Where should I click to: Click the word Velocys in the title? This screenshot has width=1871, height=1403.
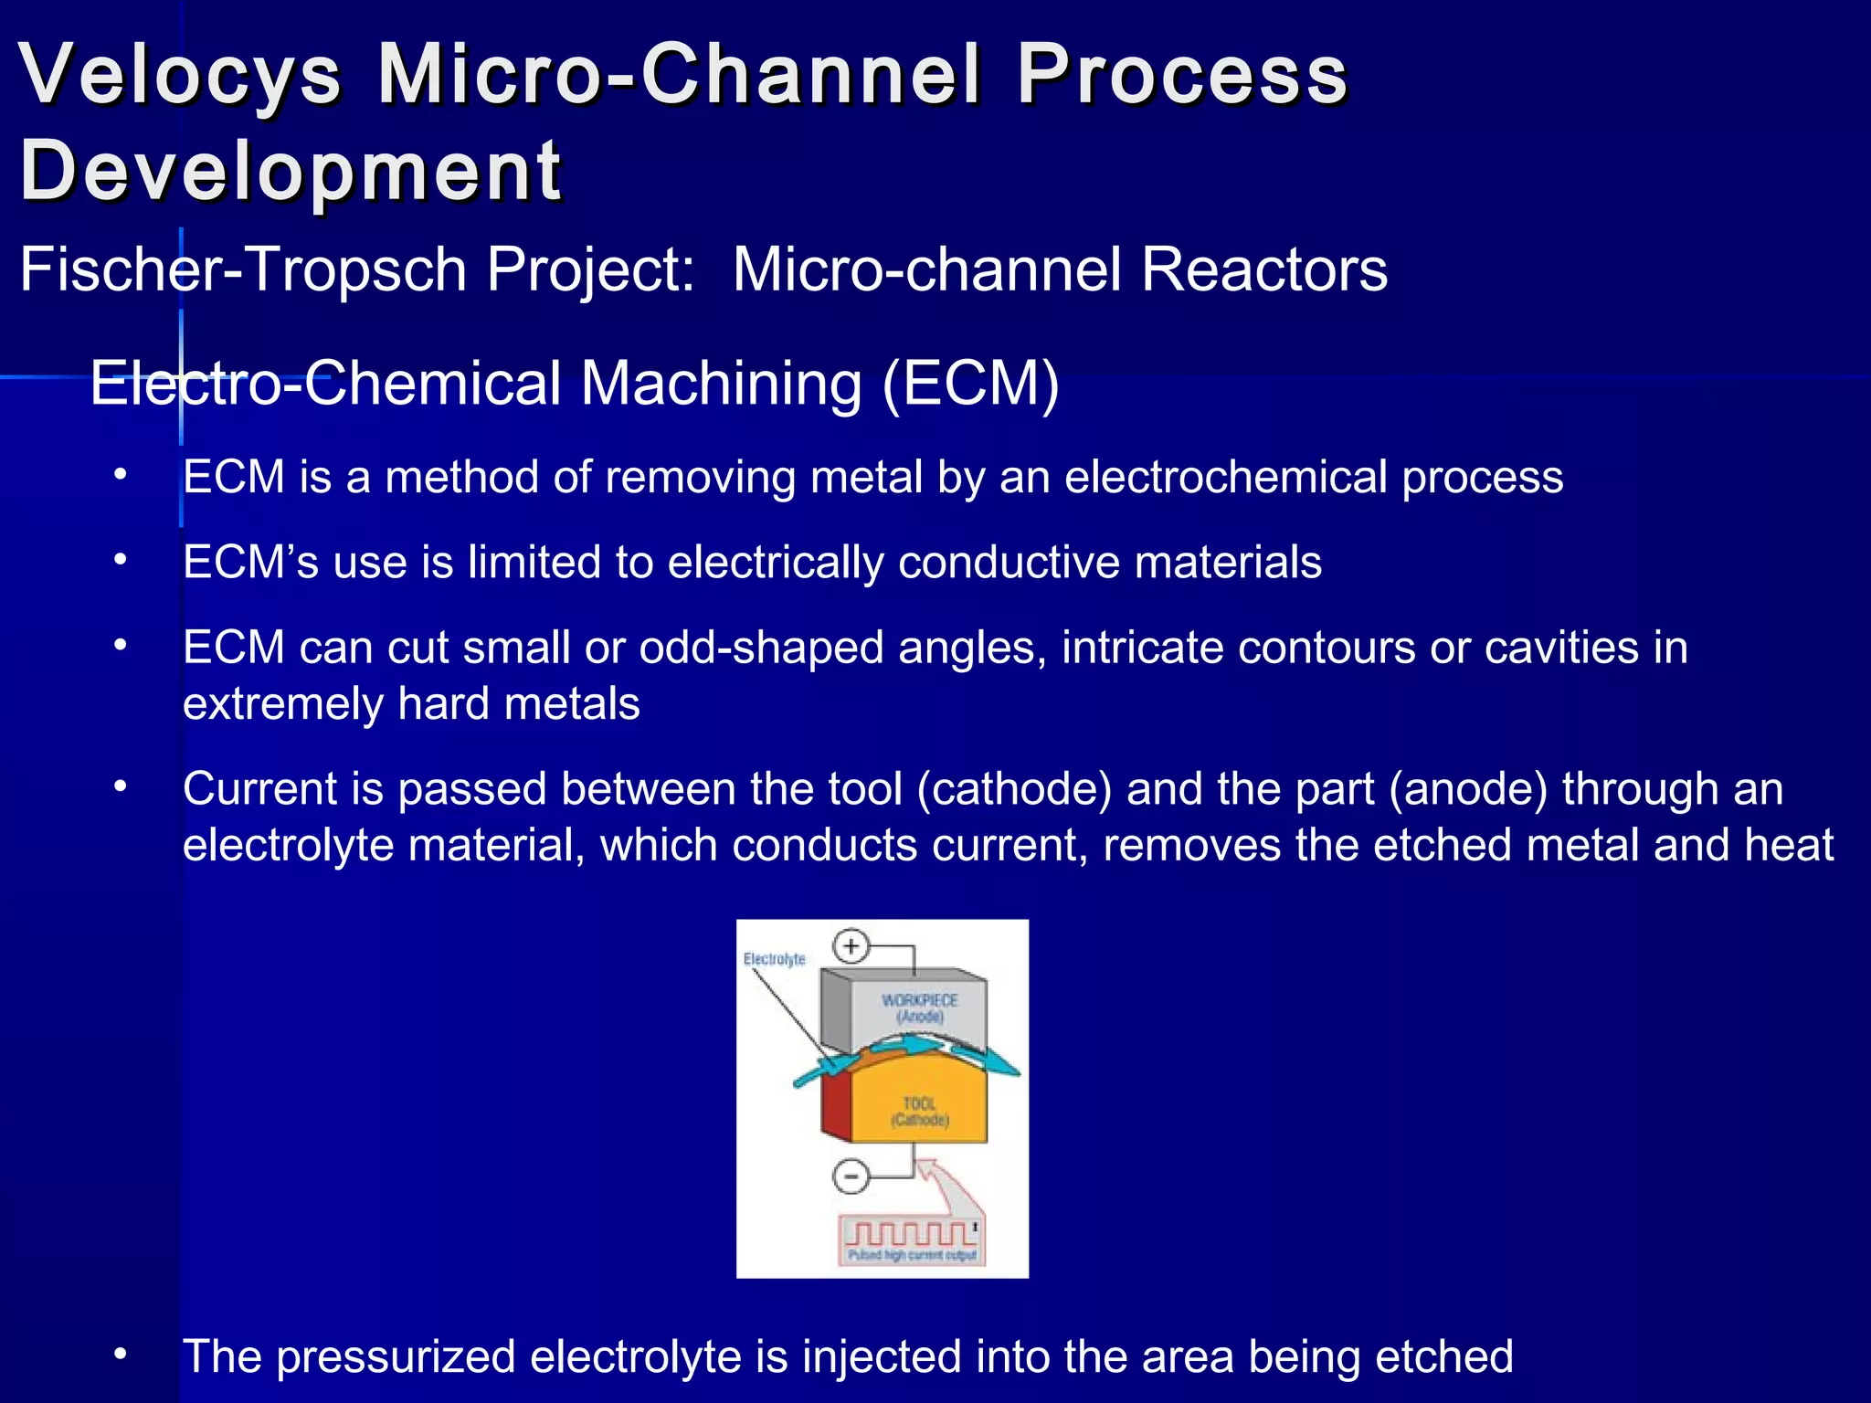(x=180, y=75)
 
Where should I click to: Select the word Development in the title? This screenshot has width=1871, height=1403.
(x=291, y=172)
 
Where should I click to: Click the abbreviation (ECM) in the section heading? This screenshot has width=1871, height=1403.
(x=970, y=384)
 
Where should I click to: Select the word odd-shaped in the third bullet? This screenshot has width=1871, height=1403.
(x=761, y=648)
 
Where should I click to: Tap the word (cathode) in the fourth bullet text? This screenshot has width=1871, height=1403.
(x=1014, y=789)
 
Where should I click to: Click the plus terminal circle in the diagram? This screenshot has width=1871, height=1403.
(x=851, y=946)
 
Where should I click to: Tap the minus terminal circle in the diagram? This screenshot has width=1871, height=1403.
(x=851, y=1176)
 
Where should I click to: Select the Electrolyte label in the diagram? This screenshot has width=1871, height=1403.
(x=774, y=959)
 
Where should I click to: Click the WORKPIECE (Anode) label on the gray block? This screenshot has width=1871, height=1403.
(x=919, y=1008)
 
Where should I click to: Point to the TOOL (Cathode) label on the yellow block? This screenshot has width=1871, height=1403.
(x=920, y=1112)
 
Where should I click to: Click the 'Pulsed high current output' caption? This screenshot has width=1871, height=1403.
(x=911, y=1256)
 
